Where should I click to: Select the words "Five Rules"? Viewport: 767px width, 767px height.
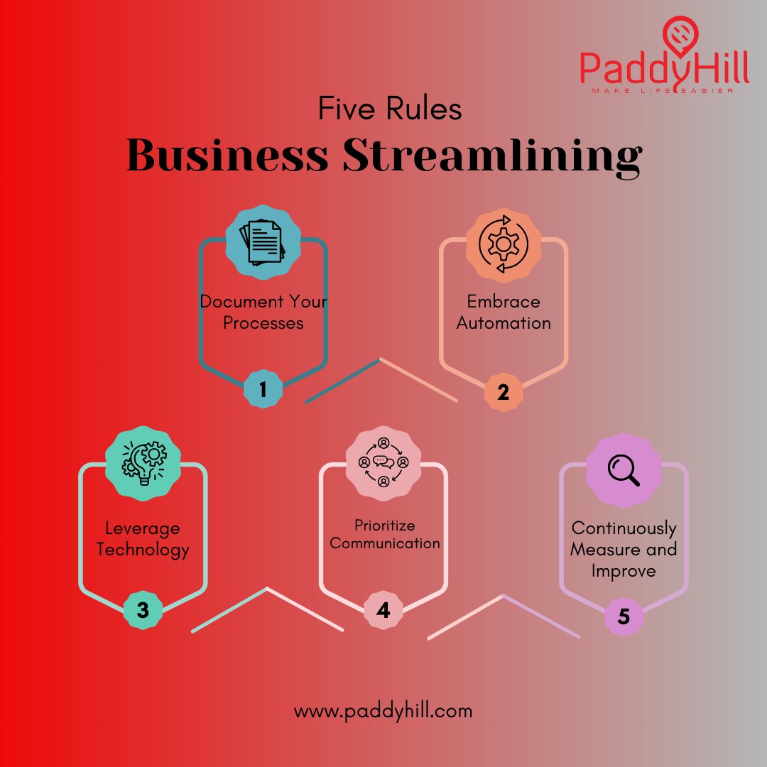(x=389, y=110)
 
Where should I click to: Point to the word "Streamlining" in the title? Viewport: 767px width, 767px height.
(x=492, y=157)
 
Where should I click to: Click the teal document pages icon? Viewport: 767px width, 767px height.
(x=262, y=242)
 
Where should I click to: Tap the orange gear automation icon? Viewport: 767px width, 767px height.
(x=504, y=244)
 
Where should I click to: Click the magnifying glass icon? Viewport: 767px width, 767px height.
(x=624, y=469)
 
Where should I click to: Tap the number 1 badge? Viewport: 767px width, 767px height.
(x=263, y=389)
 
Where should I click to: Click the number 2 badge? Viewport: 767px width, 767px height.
(x=504, y=392)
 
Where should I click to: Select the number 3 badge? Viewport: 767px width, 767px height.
(x=143, y=609)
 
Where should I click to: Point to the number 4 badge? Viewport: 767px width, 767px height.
(x=383, y=610)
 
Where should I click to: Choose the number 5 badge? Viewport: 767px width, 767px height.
(x=624, y=616)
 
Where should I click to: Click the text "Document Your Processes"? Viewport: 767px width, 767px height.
(x=263, y=312)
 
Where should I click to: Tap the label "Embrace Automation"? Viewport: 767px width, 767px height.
(x=504, y=312)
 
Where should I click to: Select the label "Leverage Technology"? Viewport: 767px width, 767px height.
(x=143, y=538)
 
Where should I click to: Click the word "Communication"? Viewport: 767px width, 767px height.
(x=385, y=543)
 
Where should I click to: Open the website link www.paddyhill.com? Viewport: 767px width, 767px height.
(x=383, y=710)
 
